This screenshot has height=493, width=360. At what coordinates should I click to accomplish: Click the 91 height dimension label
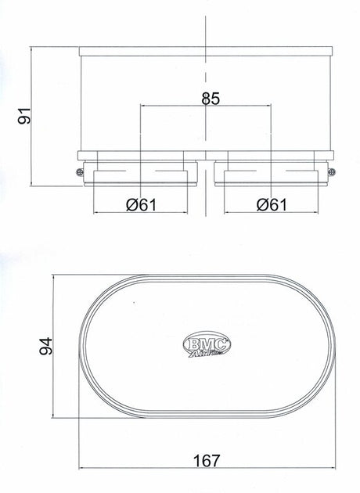pyautogui.click(x=24, y=116)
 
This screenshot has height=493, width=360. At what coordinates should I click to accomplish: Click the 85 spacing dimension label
pyautogui.click(x=211, y=99)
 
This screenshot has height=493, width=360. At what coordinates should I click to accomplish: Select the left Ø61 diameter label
pyautogui.click(x=141, y=205)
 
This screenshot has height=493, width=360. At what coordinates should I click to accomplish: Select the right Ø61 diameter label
pyautogui.click(x=272, y=205)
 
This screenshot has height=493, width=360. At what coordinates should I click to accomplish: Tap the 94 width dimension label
pyautogui.click(x=45, y=346)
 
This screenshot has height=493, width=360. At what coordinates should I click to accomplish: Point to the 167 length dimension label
pyautogui.click(x=207, y=461)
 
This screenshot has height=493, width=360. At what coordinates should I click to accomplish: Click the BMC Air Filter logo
pyautogui.click(x=207, y=344)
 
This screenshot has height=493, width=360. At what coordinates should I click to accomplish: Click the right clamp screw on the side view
pyautogui.click(x=332, y=171)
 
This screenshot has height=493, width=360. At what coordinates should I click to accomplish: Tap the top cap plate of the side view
pyautogui.click(x=206, y=51)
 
